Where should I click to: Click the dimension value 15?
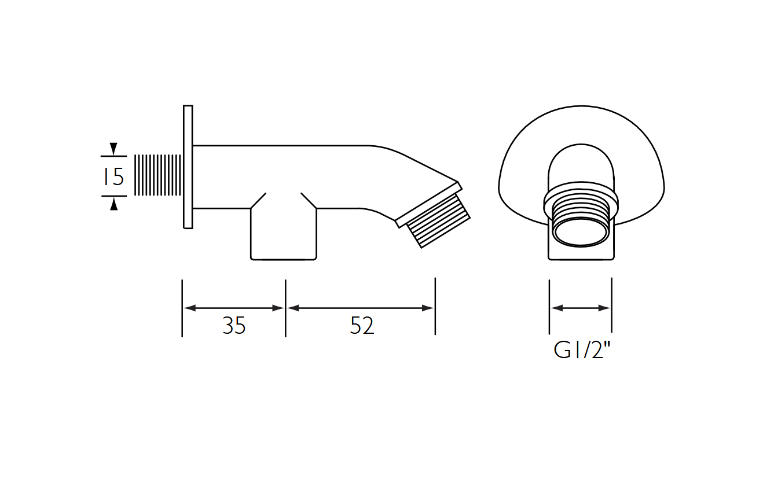114,176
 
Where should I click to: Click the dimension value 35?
234,326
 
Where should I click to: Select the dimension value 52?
362,326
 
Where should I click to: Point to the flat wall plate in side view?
188,167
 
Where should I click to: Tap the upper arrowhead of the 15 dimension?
114,149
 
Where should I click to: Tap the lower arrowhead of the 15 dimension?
114,203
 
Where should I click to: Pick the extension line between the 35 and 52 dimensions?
285,308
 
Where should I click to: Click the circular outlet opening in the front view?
581,233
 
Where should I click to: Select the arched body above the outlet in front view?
581,168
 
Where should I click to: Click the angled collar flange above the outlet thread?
428,202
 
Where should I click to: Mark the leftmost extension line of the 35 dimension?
182,308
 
